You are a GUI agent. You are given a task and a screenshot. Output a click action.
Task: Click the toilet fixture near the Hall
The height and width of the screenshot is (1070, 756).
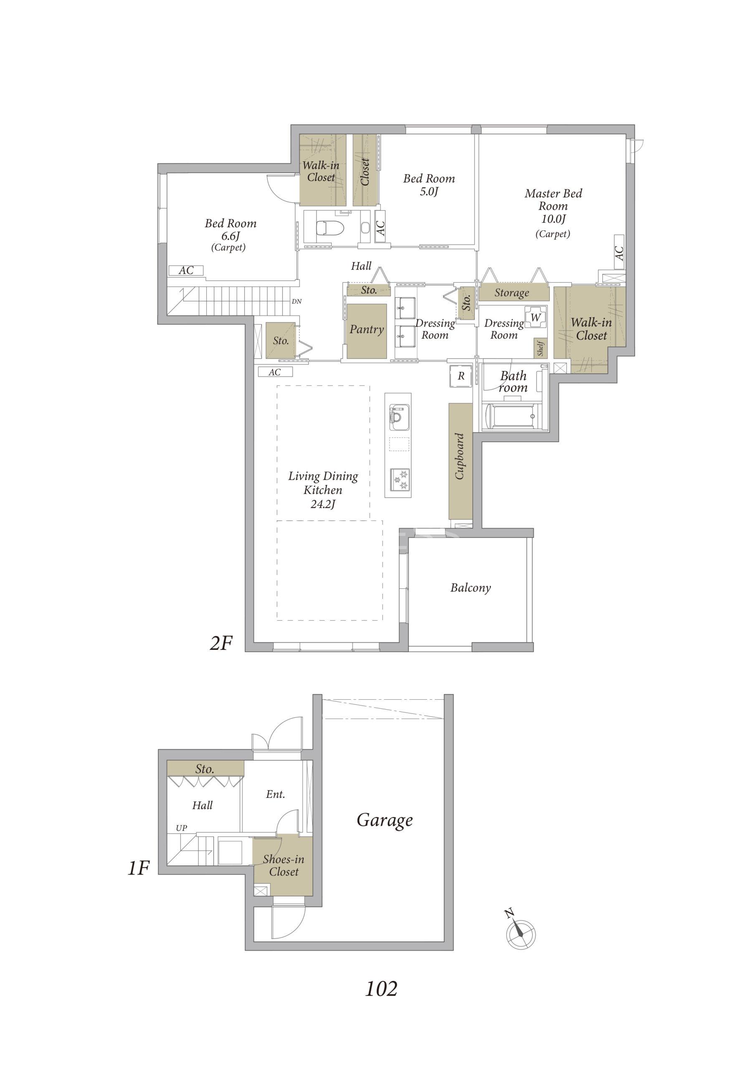coord(330,228)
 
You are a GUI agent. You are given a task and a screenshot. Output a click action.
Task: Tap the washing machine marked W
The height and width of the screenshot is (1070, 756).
coord(536,317)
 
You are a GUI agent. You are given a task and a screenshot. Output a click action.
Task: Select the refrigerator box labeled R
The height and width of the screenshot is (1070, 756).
coord(461,376)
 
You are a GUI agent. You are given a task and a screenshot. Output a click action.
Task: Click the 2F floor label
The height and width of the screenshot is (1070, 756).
coord(221,643)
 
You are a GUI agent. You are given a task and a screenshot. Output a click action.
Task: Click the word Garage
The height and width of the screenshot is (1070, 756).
coord(385,820)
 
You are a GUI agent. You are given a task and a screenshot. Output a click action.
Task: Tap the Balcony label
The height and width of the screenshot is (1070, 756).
coord(470,588)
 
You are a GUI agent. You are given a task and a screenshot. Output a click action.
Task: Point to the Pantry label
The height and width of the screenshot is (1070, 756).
coord(367,329)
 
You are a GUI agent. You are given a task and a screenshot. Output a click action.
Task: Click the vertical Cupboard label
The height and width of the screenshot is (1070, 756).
coord(460,456)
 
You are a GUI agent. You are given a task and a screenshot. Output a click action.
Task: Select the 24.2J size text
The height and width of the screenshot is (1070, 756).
coord(323,504)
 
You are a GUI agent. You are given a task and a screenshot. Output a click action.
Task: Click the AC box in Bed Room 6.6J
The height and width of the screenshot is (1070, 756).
coord(186,270)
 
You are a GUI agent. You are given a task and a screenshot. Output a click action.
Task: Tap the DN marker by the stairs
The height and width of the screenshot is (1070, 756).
coord(297,301)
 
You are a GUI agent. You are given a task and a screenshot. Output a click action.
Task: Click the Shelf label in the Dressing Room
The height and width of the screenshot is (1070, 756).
coord(540,348)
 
